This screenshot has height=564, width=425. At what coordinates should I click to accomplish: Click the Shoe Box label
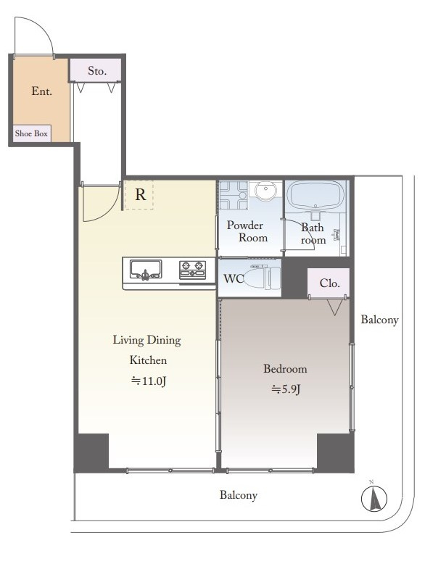point(31,133)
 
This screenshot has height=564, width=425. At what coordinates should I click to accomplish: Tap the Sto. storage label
point(97,70)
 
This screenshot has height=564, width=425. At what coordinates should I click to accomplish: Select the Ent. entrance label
point(42,91)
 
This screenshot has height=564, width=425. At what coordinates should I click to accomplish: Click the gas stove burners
point(192,270)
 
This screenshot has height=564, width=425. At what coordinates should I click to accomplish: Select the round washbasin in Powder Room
point(266,188)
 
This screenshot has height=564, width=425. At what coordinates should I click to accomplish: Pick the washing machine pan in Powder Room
point(234,195)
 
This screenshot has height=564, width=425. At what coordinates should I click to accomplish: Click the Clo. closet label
point(330,283)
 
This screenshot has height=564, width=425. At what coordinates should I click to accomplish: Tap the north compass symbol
point(374,498)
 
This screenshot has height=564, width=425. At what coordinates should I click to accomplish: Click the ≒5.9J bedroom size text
point(285,389)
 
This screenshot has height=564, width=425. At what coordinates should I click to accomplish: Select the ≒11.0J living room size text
point(149,381)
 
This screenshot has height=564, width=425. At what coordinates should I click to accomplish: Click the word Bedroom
point(285,369)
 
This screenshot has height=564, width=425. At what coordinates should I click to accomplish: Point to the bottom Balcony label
point(238,495)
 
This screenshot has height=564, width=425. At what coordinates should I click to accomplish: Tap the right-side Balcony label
point(379,320)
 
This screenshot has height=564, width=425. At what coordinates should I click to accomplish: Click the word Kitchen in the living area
point(148,360)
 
